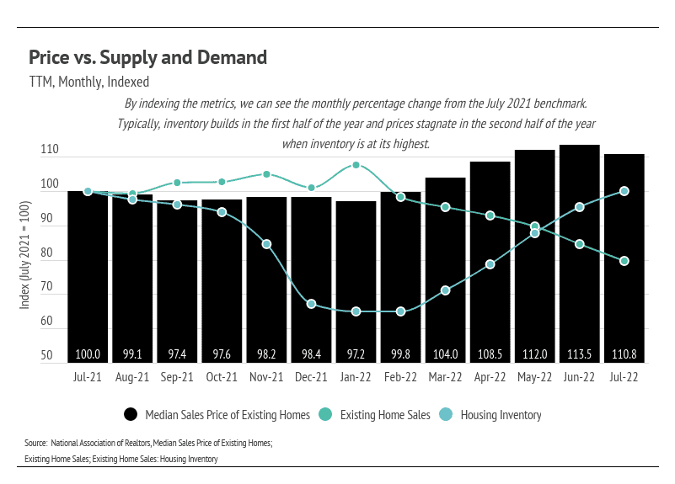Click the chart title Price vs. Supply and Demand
(x=147, y=58)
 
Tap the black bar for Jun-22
(x=579, y=253)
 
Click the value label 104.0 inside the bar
(x=445, y=354)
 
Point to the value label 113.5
(x=579, y=354)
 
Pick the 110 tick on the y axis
(x=48, y=150)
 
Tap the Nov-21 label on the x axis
(x=266, y=378)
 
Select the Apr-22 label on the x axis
(x=490, y=378)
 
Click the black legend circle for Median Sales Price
(x=131, y=414)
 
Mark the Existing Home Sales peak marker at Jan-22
(x=356, y=165)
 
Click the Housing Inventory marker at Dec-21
(x=311, y=304)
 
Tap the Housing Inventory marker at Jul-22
(x=624, y=191)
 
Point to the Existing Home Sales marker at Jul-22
(x=624, y=261)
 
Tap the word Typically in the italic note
(x=140, y=124)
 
